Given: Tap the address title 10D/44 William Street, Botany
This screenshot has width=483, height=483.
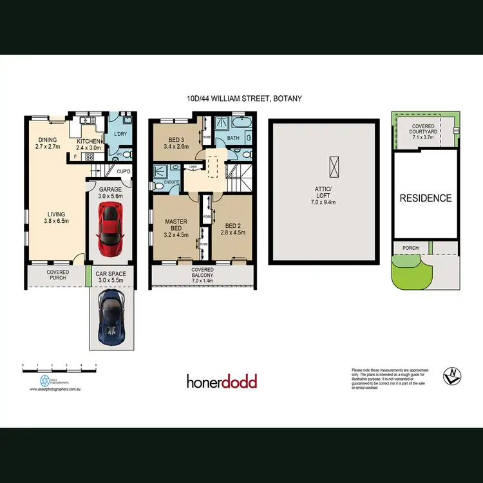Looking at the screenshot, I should (241, 99).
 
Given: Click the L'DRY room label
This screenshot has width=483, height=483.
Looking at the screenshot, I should (120, 133).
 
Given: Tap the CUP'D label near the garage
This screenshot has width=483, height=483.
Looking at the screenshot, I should (124, 171).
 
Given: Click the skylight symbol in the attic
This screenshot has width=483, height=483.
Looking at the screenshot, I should (333, 166).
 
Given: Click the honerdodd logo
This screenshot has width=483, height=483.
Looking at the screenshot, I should (222, 382).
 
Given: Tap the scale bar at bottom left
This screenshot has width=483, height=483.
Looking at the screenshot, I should (59, 366).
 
